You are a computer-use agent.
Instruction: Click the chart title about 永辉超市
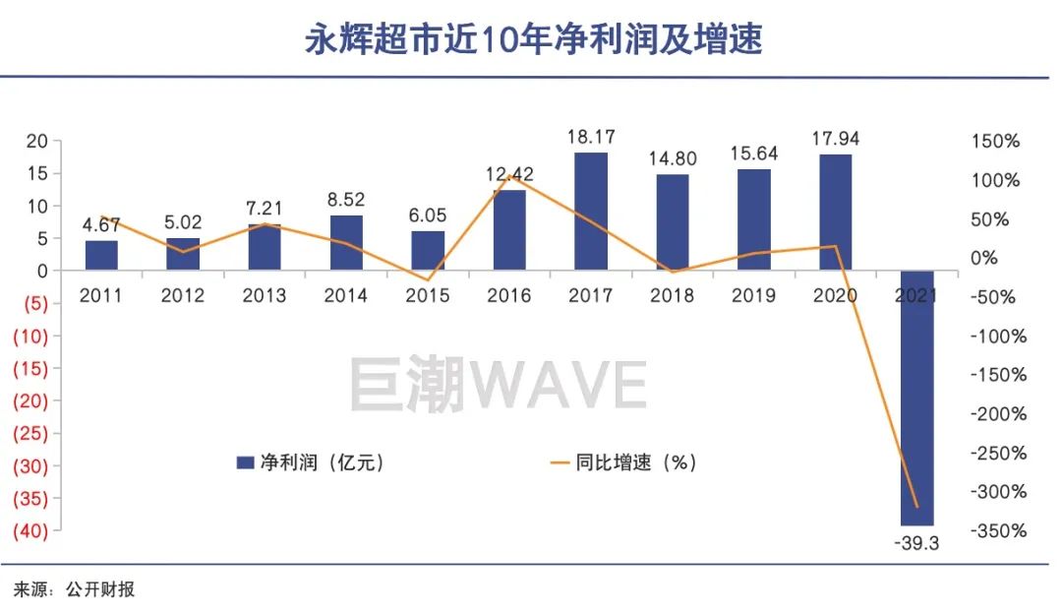[532, 39]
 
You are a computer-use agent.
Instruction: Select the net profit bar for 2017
[591, 211]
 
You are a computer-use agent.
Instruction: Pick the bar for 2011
[101, 255]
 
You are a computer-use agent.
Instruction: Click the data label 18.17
[591, 138]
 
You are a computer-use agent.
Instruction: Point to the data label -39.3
[917, 543]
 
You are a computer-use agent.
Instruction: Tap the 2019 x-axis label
[753, 295]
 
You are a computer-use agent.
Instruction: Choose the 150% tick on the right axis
[998, 142]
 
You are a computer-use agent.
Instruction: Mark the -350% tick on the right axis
[998, 531]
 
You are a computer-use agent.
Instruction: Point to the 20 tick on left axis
[36, 142]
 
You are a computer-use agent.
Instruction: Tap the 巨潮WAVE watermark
[499, 384]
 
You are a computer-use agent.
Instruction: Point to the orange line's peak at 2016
[509, 177]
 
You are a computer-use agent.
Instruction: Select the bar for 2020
[836, 212]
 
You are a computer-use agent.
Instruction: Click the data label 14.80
[673, 159]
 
